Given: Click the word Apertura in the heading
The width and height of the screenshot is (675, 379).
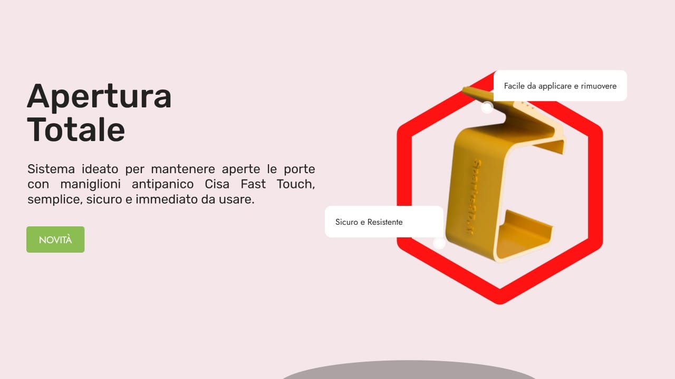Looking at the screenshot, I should (x=99, y=96).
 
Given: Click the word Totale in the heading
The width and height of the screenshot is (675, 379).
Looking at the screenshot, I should (x=76, y=129).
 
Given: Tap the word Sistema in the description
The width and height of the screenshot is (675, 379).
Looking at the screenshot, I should (x=51, y=169).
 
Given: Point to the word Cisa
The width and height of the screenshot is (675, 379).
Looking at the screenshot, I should (x=219, y=185).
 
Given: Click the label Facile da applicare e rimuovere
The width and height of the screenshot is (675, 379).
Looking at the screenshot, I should (x=560, y=86).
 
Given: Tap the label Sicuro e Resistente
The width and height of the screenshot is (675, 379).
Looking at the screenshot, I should (x=369, y=222).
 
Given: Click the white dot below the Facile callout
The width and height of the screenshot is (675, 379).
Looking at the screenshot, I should (x=487, y=108).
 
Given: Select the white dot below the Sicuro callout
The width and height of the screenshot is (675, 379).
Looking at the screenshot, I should (x=439, y=243).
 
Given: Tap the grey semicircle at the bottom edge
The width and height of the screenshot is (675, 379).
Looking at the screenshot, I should (x=409, y=371).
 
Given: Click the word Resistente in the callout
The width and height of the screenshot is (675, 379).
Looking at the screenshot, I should (x=385, y=222).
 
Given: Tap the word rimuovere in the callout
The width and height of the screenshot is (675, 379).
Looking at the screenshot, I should (x=598, y=86).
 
